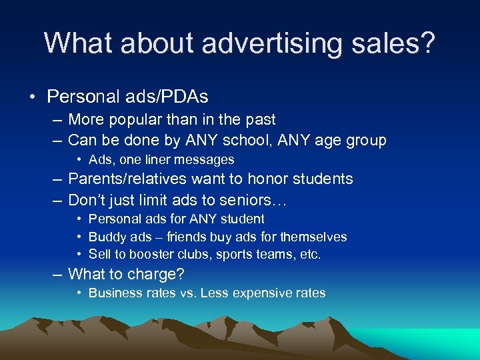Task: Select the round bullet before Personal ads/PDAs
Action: tap(32, 97)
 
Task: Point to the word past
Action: tap(259, 120)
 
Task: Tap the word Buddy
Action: tap(105, 237)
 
